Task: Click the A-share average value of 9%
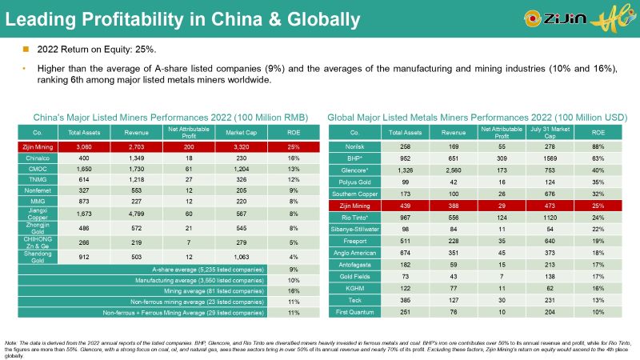click(293, 270)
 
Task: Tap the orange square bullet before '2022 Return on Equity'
click(25, 50)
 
